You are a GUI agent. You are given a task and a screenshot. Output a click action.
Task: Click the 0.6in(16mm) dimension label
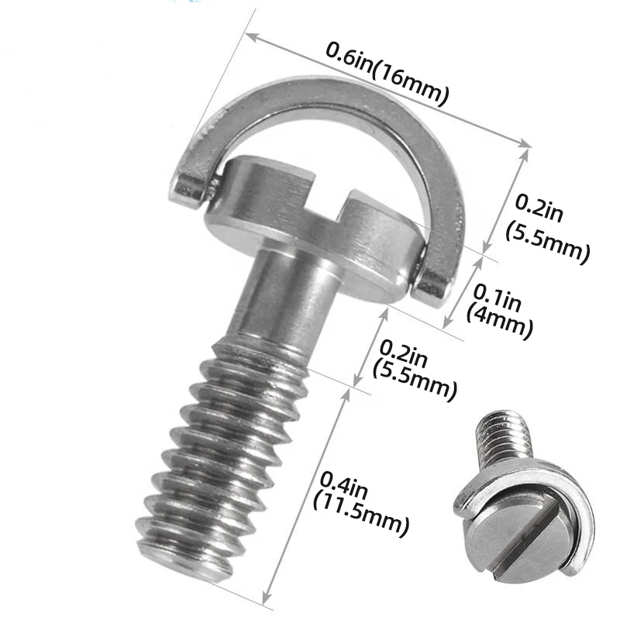tap(387, 74)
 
